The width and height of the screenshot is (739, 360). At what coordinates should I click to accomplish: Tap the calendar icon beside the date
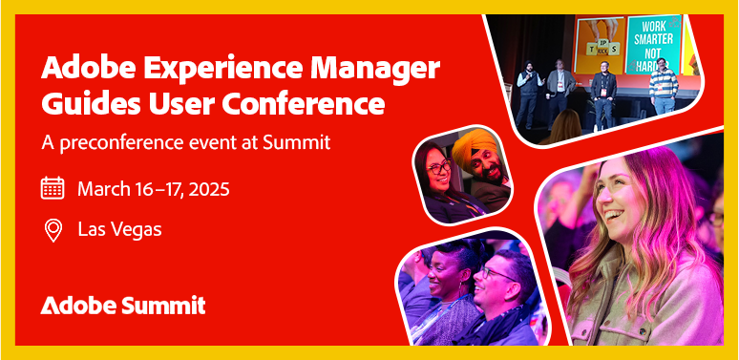[53, 187]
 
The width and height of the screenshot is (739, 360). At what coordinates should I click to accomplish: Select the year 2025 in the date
[208, 188]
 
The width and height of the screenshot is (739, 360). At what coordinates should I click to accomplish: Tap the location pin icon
[53, 230]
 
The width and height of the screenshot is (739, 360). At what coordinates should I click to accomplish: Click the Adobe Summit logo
[122, 306]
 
